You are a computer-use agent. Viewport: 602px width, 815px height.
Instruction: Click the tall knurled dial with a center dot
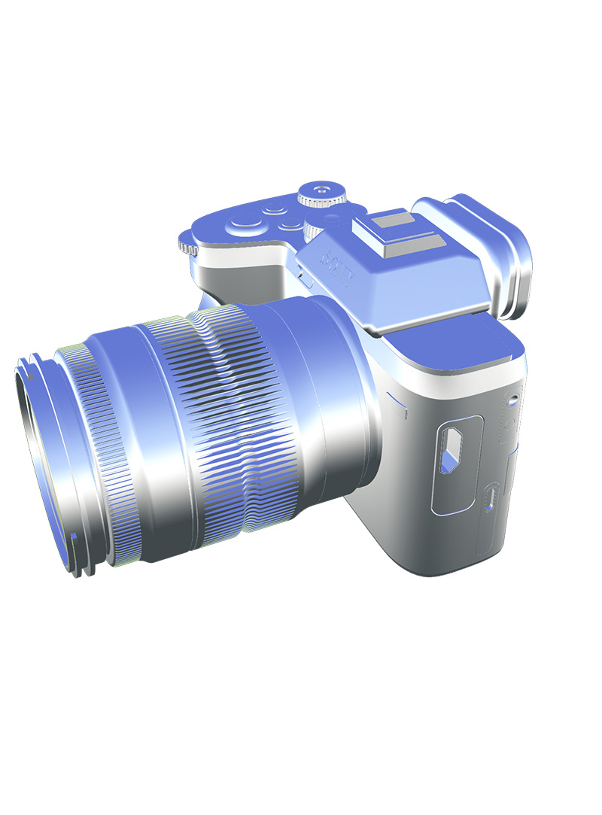(321, 193)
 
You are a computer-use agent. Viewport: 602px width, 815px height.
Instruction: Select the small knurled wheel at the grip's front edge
(187, 246)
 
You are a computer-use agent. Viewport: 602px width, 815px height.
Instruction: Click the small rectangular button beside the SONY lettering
(306, 279)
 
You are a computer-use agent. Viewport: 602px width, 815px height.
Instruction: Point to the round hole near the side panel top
(512, 399)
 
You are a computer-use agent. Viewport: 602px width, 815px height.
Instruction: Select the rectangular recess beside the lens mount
(397, 406)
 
